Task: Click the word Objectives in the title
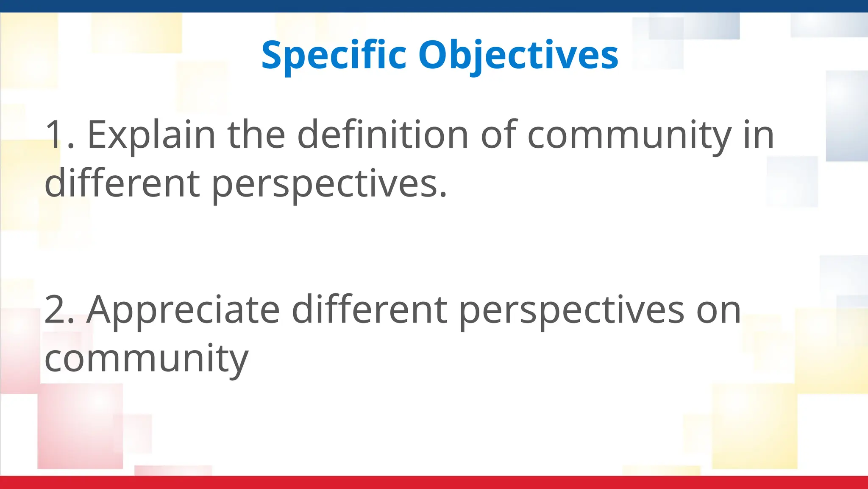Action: point(518,55)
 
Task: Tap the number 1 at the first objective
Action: point(55,135)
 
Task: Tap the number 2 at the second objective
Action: point(55,310)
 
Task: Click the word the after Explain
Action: point(256,135)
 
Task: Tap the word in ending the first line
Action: point(759,135)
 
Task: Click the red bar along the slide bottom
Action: point(434,483)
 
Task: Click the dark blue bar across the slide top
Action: point(434,6)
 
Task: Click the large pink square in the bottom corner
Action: point(80,426)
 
